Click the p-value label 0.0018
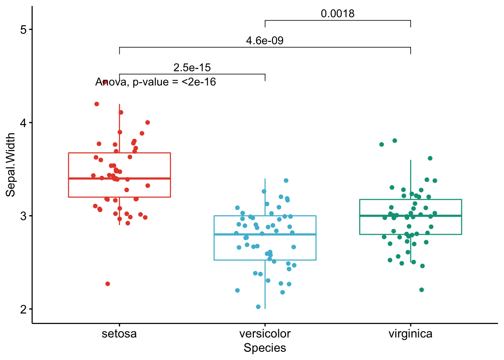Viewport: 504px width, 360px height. point(337,14)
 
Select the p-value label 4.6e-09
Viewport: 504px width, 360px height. point(265,40)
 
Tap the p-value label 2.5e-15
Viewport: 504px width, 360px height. point(192,67)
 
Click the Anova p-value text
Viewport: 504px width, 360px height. point(156,82)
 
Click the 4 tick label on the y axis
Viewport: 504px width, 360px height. point(24,123)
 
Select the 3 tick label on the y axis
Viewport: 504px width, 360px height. point(24,216)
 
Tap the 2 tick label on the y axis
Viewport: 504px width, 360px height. point(24,309)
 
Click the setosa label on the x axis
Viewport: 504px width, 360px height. point(119,333)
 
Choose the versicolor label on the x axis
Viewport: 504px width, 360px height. point(265,333)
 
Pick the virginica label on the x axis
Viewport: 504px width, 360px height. point(410,333)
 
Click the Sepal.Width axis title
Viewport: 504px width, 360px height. point(10,165)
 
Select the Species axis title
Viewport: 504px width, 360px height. point(265,348)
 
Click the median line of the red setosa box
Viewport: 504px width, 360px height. point(119,178)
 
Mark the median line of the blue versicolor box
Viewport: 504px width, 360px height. point(265,234)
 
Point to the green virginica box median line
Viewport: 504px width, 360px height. point(410,216)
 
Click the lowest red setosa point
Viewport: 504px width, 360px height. point(108,284)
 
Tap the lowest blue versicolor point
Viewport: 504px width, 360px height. point(258,307)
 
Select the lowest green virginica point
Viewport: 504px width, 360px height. point(421,290)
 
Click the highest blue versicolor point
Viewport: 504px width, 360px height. point(286,180)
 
